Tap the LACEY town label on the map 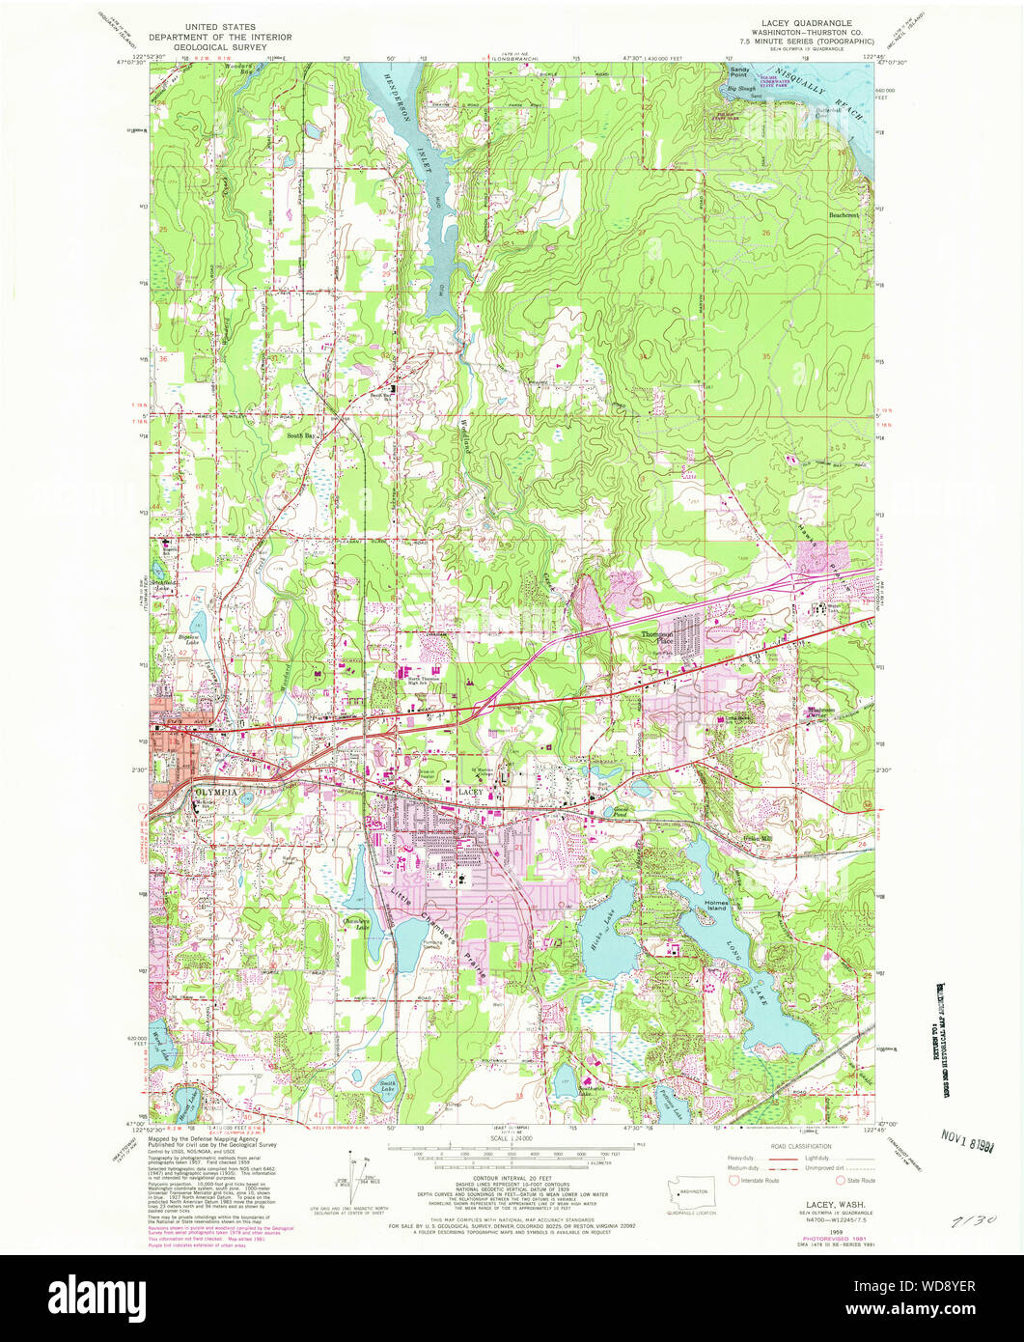(469, 792)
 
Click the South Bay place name (301, 435)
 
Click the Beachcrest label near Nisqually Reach (844, 215)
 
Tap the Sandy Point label (739, 71)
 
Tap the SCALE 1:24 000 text (510, 1138)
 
